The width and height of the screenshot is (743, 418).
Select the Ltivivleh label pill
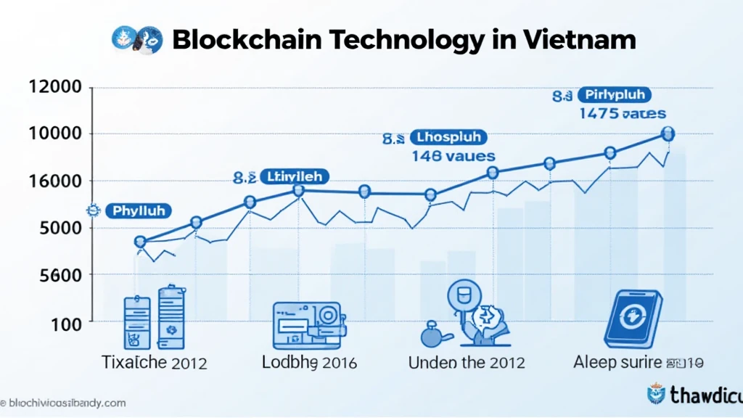(x=294, y=176)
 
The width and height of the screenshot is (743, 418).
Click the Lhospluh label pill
(x=449, y=136)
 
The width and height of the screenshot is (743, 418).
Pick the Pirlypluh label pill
(x=615, y=95)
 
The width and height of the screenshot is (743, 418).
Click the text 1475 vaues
(x=623, y=114)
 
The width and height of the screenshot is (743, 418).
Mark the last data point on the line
(x=668, y=134)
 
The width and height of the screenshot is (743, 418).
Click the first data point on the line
(x=141, y=242)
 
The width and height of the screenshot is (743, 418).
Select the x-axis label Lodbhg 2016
(x=311, y=362)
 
